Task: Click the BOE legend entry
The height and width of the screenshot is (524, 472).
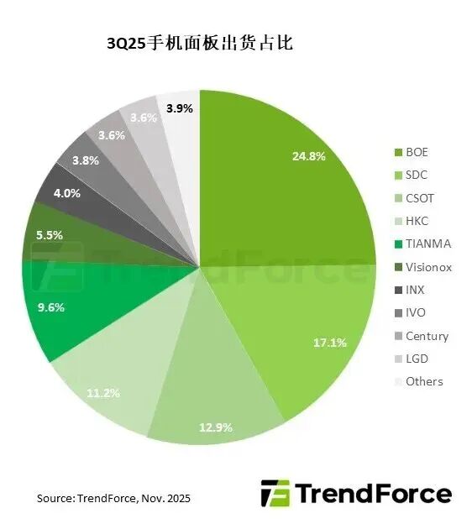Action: (x=416, y=153)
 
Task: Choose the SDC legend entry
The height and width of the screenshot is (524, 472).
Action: (x=417, y=176)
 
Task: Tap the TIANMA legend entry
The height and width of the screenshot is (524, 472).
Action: (x=427, y=244)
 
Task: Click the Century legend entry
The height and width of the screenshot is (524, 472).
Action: (x=427, y=336)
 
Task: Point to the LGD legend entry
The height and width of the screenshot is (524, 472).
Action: (x=417, y=359)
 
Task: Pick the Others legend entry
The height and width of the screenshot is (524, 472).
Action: (x=423, y=381)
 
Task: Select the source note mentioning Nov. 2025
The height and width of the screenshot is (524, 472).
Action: (x=113, y=498)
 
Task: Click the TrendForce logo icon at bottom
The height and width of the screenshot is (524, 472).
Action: (x=275, y=493)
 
